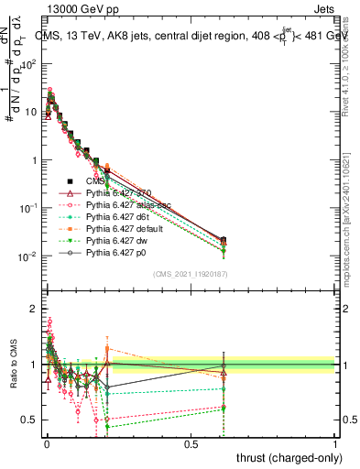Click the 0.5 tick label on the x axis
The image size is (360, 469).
coord(191,443)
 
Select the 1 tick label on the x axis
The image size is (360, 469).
coord(335,443)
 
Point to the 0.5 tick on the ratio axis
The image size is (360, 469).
coord(29,420)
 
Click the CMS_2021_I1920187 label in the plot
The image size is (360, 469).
coord(191,274)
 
